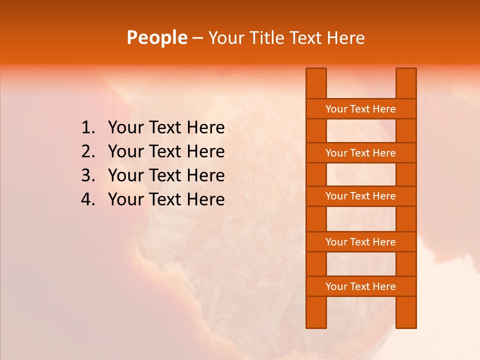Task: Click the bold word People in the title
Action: (x=157, y=37)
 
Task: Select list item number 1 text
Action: (x=166, y=128)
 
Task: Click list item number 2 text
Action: (x=166, y=151)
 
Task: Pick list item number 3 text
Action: (x=166, y=175)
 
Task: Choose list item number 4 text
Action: (x=166, y=199)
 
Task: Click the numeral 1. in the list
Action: (x=87, y=128)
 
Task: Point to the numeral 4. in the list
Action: (x=87, y=199)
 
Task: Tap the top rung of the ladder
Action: (x=360, y=109)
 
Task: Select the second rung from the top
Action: (x=360, y=153)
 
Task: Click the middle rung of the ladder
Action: (x=360, y=196)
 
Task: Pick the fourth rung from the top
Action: (x=360, y=242)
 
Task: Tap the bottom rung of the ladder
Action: (x=360, y=286)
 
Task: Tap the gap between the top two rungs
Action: (x=361, y=131)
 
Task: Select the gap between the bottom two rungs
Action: (x=361, y=264)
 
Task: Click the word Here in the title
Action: (x=346, y=38)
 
